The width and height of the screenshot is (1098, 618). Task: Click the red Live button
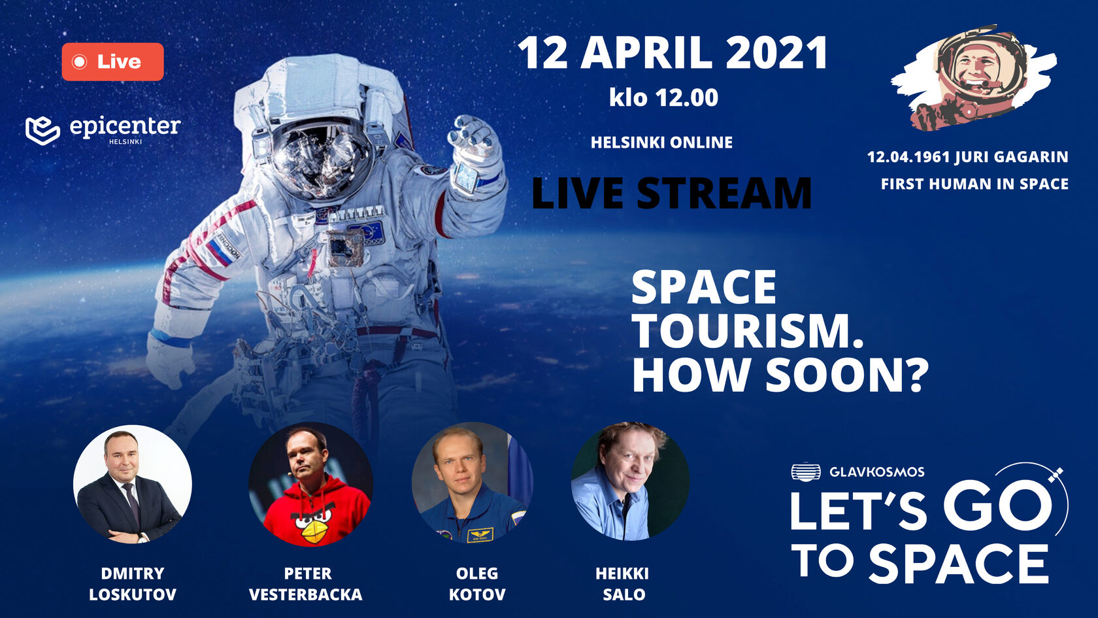[112, 61]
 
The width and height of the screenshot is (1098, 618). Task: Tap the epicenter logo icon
[42, 131]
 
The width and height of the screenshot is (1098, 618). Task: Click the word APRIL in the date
[646, 54]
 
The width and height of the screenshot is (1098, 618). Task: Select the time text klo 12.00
[664, 97]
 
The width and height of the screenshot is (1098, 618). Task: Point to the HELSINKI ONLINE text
[661, 143]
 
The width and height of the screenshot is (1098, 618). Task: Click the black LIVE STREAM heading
[672, 194]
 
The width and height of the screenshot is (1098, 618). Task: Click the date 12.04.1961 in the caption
[908, 157]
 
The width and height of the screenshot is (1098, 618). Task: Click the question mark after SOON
[914, 375]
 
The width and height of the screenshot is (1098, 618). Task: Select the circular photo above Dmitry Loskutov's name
[132, 485]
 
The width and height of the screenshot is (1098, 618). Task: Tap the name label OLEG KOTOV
[477, 583]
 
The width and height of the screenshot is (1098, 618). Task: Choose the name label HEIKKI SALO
[622, 583]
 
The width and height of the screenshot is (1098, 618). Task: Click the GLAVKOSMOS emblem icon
[806, 472]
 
